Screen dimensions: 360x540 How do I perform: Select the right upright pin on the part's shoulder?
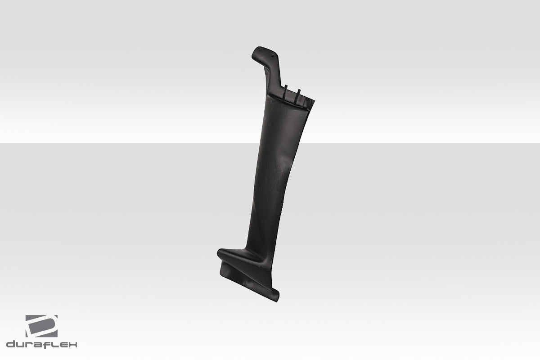(299, 92)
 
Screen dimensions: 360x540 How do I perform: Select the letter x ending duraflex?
(72, 345)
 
